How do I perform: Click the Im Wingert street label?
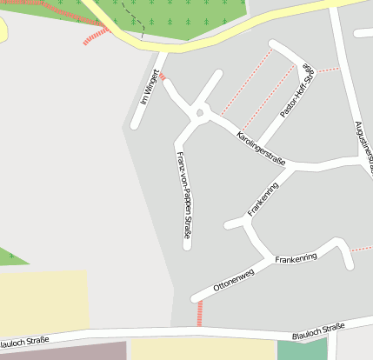point(150,88)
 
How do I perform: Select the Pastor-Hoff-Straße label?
point(296,90)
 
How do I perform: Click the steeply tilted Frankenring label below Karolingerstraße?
point(263,199)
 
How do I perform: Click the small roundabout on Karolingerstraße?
point(201,112)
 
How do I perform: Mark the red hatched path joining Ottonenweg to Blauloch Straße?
point(200,312)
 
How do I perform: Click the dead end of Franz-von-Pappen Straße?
point(187,246)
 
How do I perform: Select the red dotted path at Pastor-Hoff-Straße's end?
point(328,69)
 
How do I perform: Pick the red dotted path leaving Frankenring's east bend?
point(361,250)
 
